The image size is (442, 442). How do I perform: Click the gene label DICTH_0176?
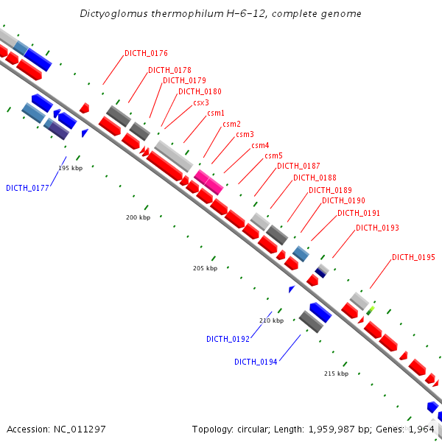click(x=146, y=53)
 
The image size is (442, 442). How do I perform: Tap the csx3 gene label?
click(x=201, y=103)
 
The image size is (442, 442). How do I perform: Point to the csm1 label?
click(x=216, y=113)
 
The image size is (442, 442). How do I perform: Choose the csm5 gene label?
click(x=274, y=155)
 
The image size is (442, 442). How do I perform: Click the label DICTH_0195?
click(x=413, y=257)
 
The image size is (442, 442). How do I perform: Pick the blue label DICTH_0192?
click(x=228, y=339)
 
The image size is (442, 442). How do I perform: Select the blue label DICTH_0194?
click(x=256, y=362)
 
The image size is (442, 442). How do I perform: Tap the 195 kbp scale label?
click(x=70, y=169)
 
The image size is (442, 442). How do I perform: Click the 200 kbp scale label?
click(x=138, y=217)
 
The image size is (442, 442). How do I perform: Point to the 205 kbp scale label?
click(x=206, y=268)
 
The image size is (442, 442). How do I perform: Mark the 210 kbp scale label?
click(x=271, y=320)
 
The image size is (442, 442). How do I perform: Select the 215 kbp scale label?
click(x=336, y=373)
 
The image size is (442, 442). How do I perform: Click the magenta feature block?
click(x=208, y=181)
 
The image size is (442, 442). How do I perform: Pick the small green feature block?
click(x=371, y=309)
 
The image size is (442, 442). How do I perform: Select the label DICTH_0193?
click(x=377, y=228)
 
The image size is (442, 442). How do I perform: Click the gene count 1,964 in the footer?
click(x=427, y=429)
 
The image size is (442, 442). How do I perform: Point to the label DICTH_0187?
click(x=298, y=166)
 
